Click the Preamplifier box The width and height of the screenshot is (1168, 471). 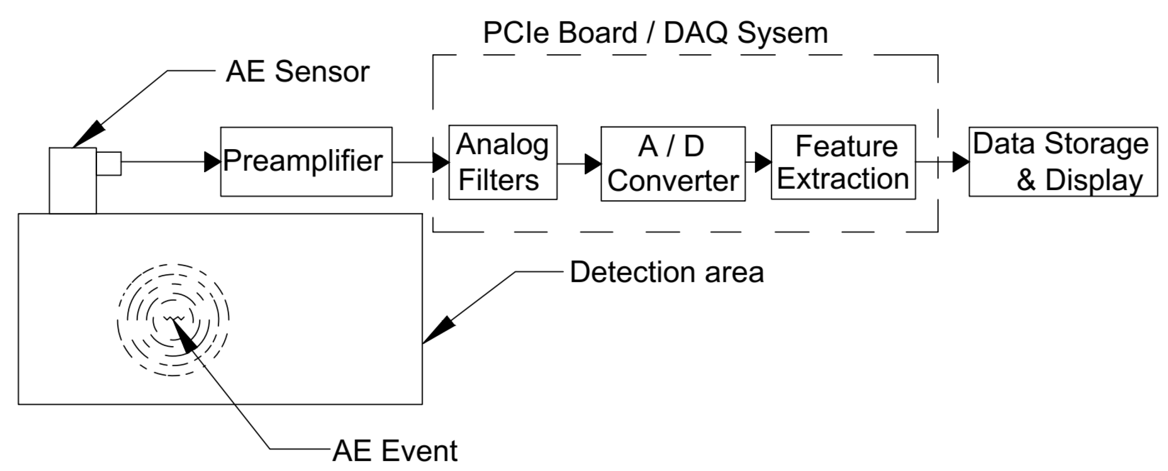(x=306, y=162)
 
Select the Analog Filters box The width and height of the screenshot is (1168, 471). (x=502, y=162)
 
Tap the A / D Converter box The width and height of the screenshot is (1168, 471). (x=672, y=164)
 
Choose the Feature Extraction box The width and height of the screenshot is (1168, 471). (x=843, y=162)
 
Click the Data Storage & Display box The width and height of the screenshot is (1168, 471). (x=1063, y=162)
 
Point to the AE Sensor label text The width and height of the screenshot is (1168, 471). (x=297, y=72)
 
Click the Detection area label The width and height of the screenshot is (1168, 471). (x=666, y=273)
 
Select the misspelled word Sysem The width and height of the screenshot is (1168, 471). (x=782, y=33)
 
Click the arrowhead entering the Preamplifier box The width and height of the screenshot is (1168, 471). (x=212, y=162)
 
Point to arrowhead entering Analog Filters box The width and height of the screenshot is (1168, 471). (x=440, y=162)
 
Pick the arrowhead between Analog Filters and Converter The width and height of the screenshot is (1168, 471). (x=592, y=164)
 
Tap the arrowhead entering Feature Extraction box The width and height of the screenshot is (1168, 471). (x=763, y=162)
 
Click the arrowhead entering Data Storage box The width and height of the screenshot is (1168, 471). (x=960, y=162)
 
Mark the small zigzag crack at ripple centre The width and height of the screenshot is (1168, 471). (x=173, y=318)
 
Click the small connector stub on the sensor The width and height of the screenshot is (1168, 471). (x=109, y=164)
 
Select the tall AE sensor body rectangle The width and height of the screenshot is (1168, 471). (x=73, y=181)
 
